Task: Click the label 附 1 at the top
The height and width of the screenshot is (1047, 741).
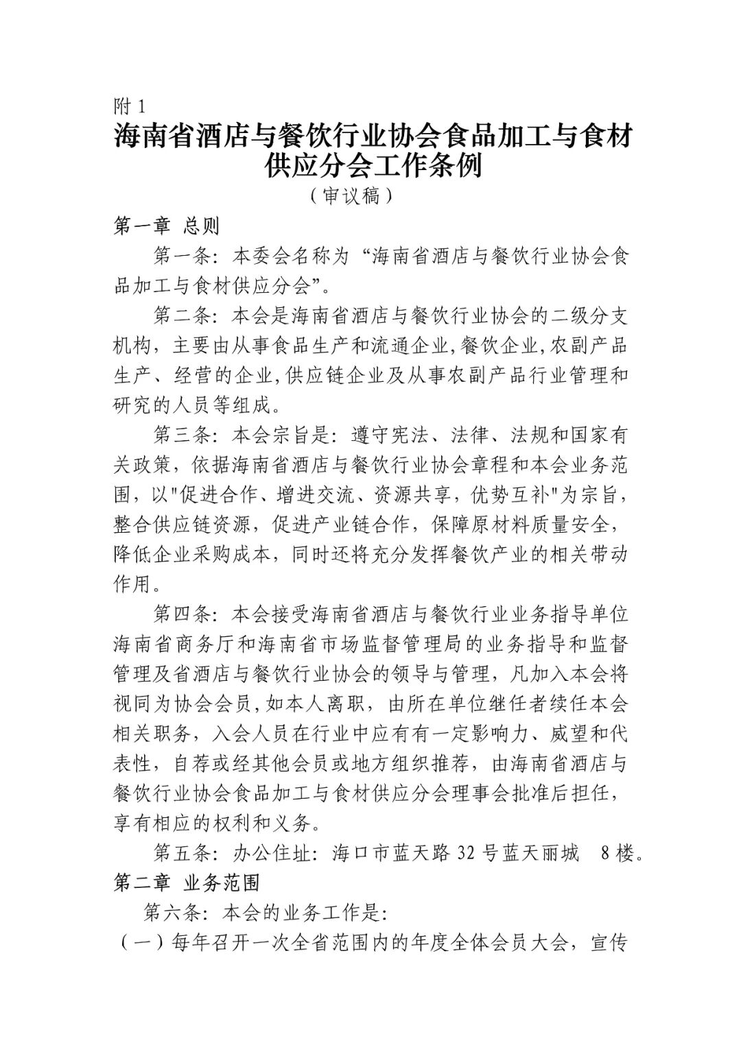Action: pos(130,106)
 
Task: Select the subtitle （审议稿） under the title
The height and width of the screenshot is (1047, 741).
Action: pos(350,196)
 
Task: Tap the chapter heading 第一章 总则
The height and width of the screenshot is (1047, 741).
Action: pos(166,226)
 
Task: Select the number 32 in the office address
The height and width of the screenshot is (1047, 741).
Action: pos(469,853)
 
